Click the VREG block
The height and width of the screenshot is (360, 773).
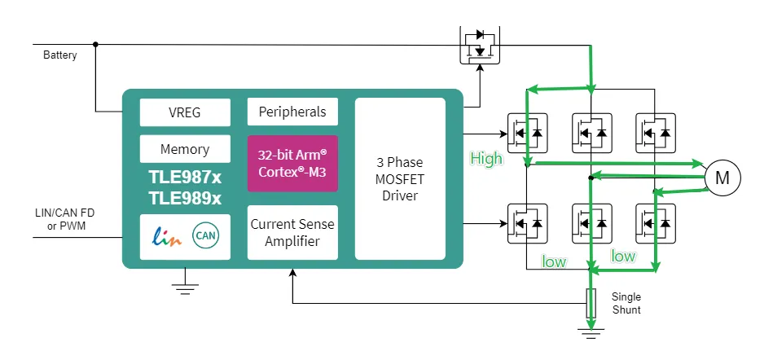[x=185, y=112]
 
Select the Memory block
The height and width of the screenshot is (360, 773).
[x=185, y=149]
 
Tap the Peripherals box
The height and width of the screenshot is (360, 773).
[x=292, y=112]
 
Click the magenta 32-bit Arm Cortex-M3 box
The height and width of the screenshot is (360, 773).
[x=292, y=164]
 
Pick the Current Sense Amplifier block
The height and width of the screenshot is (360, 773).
[x=292, y=232]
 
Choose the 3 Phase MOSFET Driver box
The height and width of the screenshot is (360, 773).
[x=400, y=178]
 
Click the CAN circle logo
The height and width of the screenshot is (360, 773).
[x=204, y=236]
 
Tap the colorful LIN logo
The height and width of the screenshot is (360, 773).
[x=165, y=236]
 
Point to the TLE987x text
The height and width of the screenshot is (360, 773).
[x=185, y=177]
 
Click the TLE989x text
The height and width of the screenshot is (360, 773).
[x=185, y=198]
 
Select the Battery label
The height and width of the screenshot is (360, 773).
[x=60, y=55]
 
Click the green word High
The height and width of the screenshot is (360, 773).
[x=486, y=159]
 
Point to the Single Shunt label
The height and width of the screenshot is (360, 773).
[x=626, y=303]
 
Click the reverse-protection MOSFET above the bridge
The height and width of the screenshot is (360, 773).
[x=481, y=47]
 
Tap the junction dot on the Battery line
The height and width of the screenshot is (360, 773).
[x=95, y=44]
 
